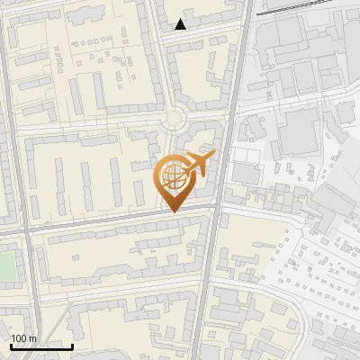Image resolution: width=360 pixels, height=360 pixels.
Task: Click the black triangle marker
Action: (181, 24)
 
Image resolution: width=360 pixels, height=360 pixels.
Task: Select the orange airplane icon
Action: (198, 165)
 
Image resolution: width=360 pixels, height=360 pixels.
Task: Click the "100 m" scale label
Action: (23, 338)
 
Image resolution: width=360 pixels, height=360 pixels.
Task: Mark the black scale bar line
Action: (41, 346)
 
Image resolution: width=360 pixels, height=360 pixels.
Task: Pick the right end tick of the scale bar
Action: (72, 345)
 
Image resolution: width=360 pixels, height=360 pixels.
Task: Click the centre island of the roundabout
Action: (174, 118)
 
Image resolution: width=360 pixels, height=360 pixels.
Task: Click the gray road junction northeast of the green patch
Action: (28, 230)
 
